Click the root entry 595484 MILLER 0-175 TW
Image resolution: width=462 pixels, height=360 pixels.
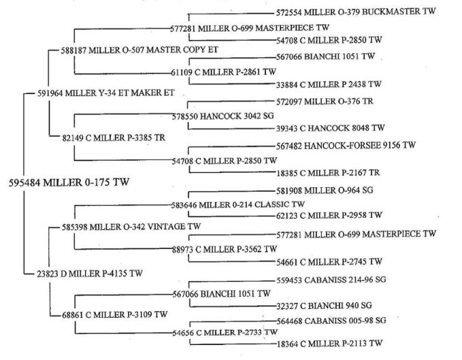[69, 182]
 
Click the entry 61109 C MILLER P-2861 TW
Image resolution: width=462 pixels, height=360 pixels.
[224, 72]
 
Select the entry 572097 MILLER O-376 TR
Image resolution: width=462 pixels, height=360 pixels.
[325, 101]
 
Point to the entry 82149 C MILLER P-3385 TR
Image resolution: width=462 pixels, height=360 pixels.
[114, 138]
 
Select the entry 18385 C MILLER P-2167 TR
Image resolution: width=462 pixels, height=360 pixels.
[328, 173]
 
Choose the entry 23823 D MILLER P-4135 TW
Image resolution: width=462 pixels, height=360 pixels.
[90, 274]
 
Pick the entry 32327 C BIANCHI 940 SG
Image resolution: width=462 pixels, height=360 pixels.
[324, 306]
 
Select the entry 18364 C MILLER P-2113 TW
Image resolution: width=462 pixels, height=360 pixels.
[329, 344]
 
